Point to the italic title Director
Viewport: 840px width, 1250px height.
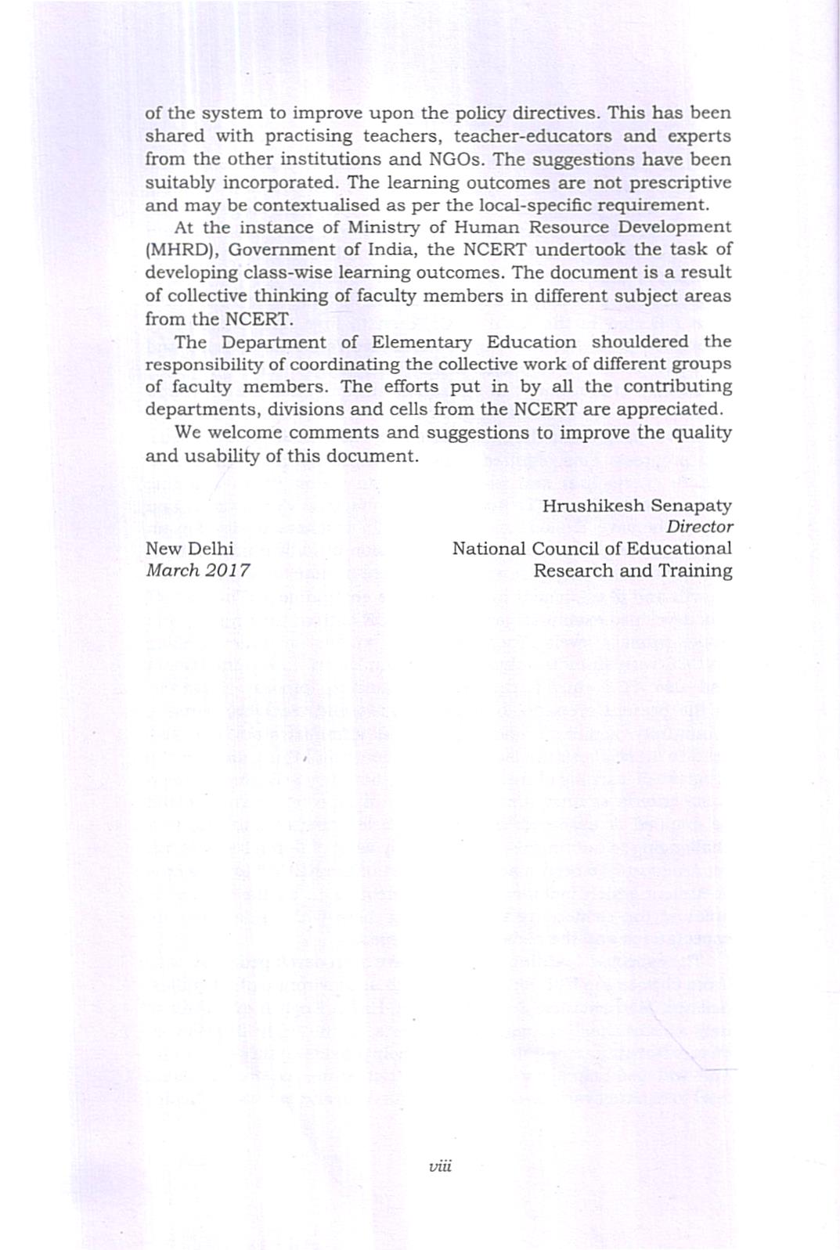700,528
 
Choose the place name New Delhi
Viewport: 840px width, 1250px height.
189,549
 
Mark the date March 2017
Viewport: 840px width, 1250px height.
198,571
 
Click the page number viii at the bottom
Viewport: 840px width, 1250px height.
441,1166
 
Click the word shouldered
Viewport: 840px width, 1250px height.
640,343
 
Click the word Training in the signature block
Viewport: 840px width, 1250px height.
695,571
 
